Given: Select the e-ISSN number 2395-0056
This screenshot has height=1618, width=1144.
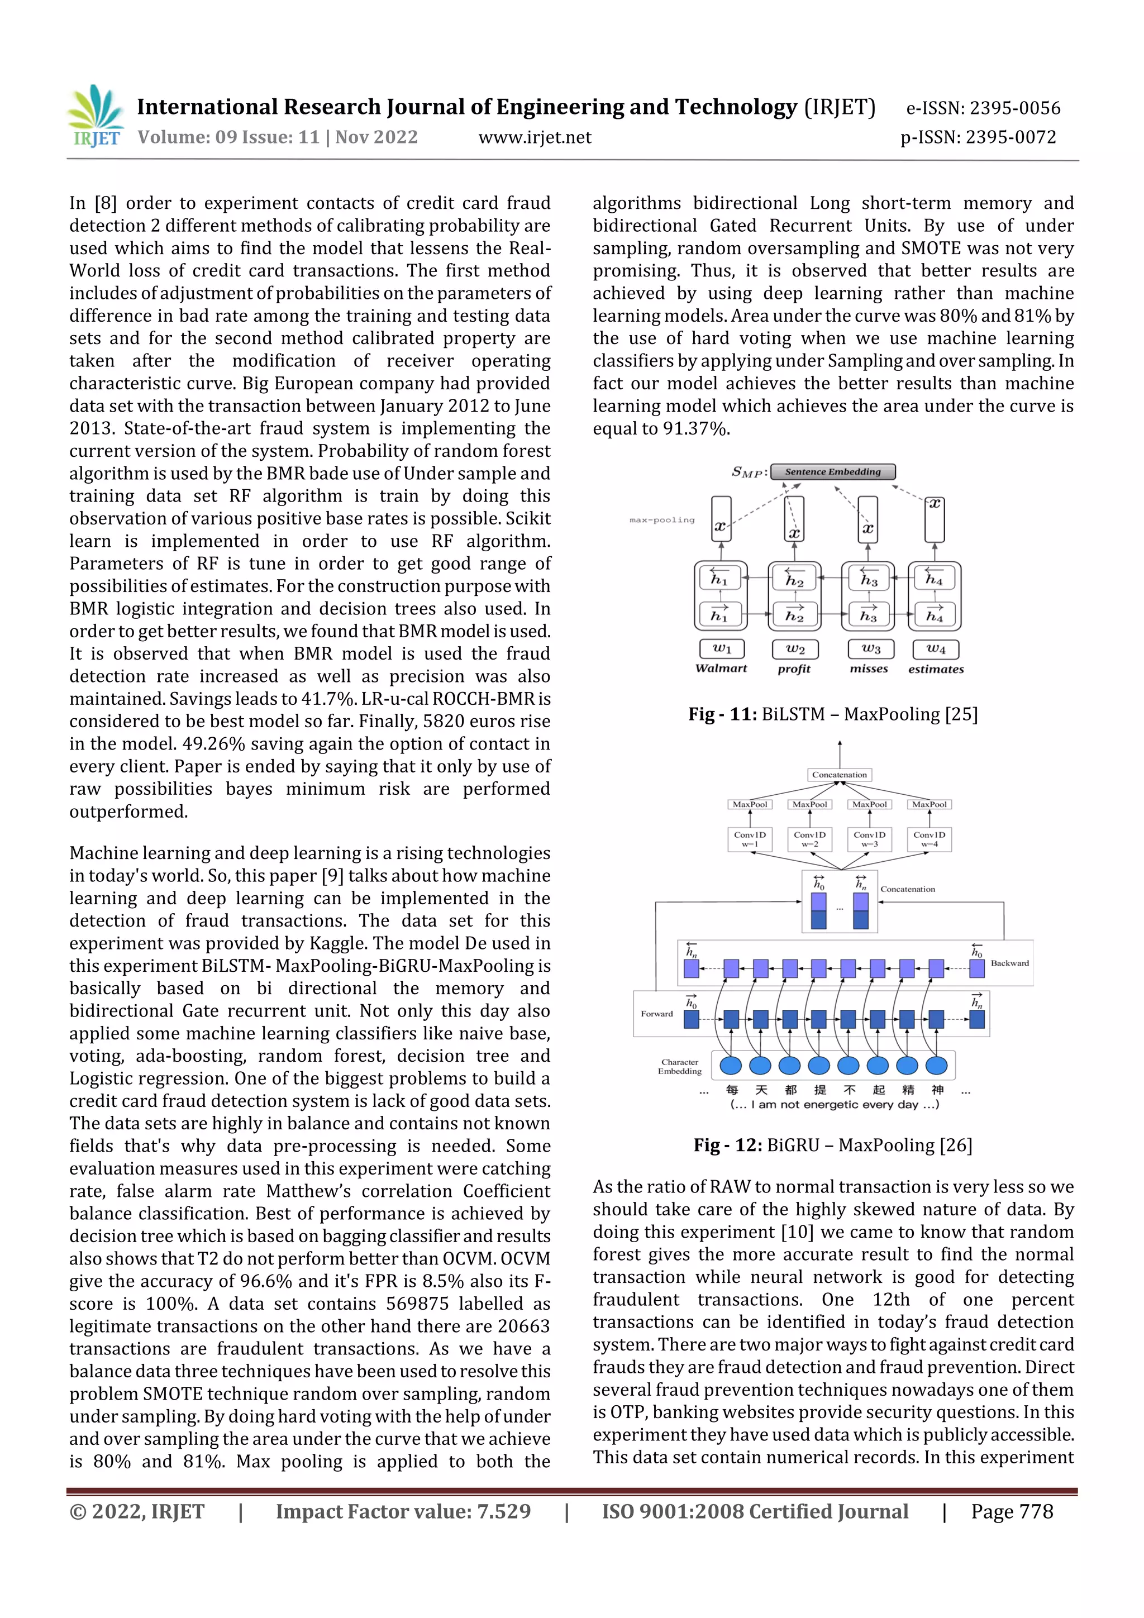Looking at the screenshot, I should (1015, 108).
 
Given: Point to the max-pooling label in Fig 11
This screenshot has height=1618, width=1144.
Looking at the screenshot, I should (661, 520).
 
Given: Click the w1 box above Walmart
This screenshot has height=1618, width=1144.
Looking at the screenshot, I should (721, 648).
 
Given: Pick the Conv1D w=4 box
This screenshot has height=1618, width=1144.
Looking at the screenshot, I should (929, 838).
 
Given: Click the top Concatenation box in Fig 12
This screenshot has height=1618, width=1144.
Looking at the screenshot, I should (839, 775).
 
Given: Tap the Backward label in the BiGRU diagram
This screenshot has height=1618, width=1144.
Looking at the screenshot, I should (1009, 963).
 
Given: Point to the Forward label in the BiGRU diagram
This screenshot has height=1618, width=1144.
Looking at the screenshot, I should (656, 1013).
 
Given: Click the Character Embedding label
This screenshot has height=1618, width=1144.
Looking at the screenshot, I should (679, 1066).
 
